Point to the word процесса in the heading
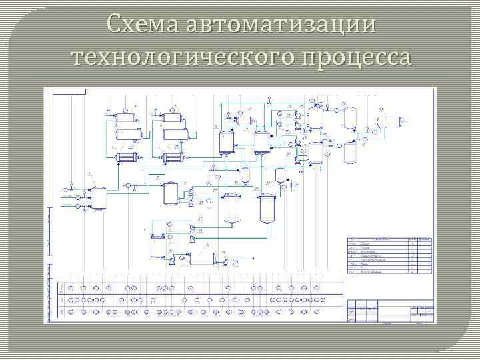356,58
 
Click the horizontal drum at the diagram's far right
389,121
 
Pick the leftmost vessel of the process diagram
99,198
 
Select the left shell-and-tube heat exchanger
125,158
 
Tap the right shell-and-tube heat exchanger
174,158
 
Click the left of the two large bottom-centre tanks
233,207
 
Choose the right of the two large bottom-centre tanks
268,207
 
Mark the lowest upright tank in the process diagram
157,246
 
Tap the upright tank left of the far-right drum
349,118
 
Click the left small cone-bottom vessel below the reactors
245,175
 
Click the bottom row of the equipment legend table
389,273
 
